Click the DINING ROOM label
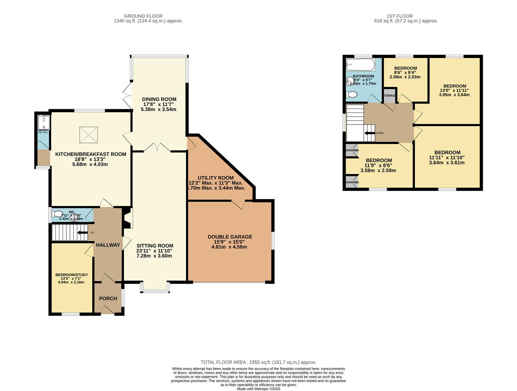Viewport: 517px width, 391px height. [159, 99]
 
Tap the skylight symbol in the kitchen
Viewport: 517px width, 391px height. [89, 135]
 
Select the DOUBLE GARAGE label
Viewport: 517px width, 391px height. [230, 237]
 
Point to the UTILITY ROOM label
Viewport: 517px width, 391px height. [216, 178]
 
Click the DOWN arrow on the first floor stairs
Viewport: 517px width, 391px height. [370, 133]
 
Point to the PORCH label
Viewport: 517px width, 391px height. [108, 298]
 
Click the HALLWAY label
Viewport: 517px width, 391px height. [108, 245]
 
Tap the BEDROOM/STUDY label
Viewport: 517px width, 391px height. [71, 275]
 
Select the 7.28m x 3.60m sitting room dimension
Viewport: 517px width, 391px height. [154, 256]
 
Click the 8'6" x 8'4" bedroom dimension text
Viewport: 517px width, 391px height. [405, 72]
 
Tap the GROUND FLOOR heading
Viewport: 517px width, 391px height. [143, 16]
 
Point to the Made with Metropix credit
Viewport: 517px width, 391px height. [258, 389]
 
